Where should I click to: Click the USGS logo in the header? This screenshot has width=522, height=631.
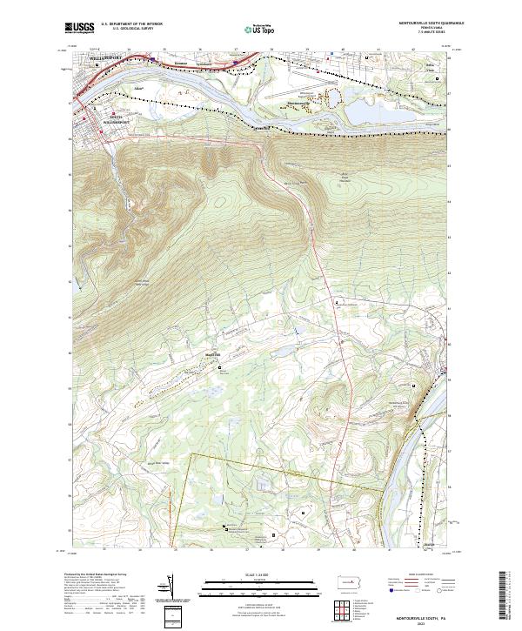(x=79, y=28)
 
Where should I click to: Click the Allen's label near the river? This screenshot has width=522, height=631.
(x=138, y=88)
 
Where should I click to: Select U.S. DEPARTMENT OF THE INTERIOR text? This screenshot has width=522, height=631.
(x=131, y=23)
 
